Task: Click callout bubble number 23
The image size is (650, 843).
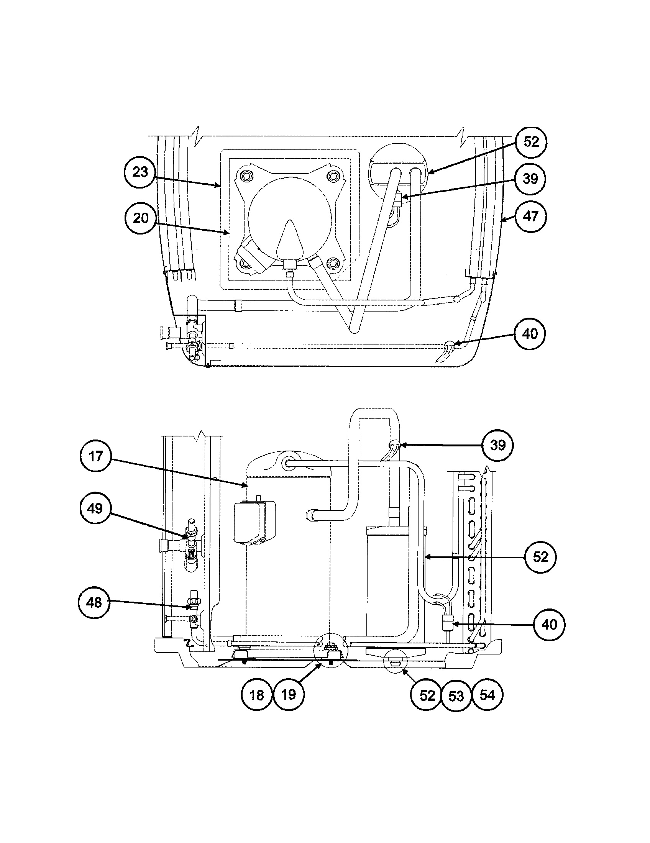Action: coord(140,172)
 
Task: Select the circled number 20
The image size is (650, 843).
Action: coord(141,218)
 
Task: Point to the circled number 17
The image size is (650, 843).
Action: coord(96,456)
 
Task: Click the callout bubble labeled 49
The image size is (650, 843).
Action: coord(95,508)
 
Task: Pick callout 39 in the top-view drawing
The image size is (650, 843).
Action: coord(530,179)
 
